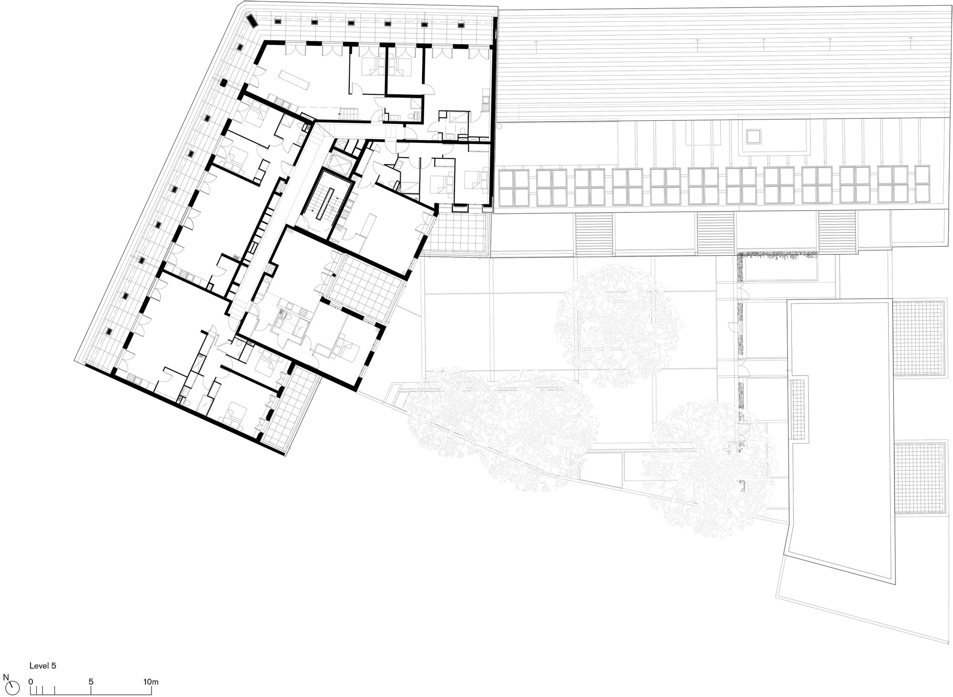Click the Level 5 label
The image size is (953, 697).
coord(43,666)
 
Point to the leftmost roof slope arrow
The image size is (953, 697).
coord(536,46)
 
